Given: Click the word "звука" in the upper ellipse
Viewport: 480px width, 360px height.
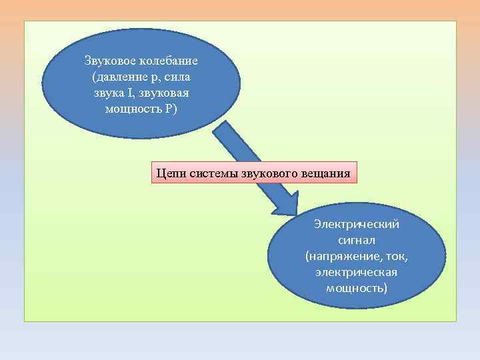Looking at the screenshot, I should (108, 93).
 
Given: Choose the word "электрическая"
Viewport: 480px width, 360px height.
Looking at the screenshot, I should (356, 272).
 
